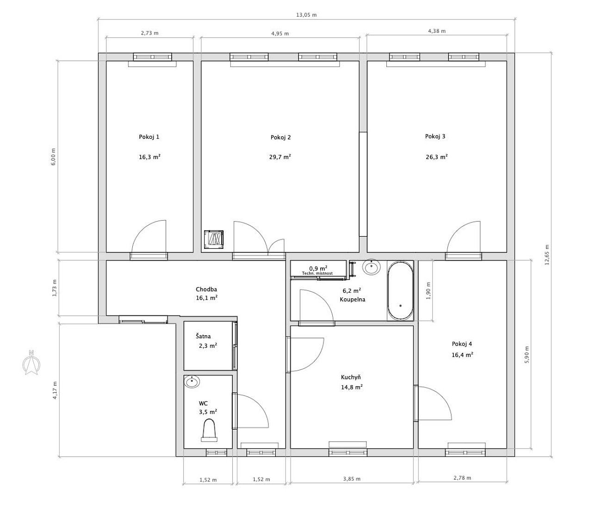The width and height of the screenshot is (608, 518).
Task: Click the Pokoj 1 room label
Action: [149, 137]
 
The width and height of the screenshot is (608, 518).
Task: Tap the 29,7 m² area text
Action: [280, 157]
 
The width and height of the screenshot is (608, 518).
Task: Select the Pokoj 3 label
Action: [435, 136]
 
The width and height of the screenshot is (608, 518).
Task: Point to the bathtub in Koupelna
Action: [400, 291]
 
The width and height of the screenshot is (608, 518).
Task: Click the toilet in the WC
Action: [209, 431]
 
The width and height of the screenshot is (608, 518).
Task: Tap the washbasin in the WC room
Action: [192, 382]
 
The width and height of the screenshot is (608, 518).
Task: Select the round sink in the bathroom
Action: [371, 267]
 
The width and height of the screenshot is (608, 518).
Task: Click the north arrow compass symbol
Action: [31, 363]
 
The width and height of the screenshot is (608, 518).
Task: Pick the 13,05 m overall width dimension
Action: [306, 15]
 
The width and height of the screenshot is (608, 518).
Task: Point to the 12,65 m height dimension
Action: [547, 255]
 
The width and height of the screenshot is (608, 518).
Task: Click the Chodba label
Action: [206, 289]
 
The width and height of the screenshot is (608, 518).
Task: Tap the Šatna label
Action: [203, 336]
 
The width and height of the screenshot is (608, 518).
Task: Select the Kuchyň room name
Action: [351, 377]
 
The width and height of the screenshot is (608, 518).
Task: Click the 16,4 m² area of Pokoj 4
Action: [462, 355]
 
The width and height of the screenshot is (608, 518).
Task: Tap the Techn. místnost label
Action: [317, 273]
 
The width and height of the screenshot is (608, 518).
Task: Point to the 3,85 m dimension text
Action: [352, 479]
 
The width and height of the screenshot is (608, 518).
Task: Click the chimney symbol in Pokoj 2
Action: [214, 239]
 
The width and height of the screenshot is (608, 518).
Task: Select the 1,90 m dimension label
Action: [428, 291]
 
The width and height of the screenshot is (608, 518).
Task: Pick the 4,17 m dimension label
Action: [55, 390]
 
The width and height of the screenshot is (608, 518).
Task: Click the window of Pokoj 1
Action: [152, 57]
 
